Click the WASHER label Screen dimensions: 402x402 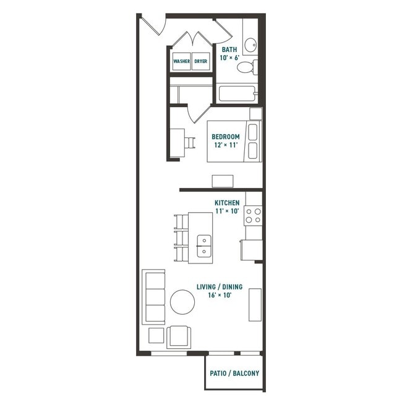[x=181, y=62]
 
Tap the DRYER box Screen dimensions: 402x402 [x=201, y=62]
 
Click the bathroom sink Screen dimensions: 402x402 [x=250, y=45]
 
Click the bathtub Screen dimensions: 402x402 [x=237, y=94]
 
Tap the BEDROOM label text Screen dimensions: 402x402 [x=226, y=137]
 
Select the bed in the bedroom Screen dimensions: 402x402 [x=235, y=141]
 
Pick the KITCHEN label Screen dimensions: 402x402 [x=227, y=202]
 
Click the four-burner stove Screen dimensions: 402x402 [x=253, y=215]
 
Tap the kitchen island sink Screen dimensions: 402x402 [x=204, y=246]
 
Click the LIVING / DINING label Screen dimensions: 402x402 [x=220, y=287]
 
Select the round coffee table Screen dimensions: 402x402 [x=182, y=302]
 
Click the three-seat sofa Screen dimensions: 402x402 [x=153, y=297]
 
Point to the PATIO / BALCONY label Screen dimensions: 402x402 [x=234, y=374]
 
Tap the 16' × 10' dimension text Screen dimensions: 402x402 [x=220, y=296]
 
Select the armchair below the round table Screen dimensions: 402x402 [x=179, y=337]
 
